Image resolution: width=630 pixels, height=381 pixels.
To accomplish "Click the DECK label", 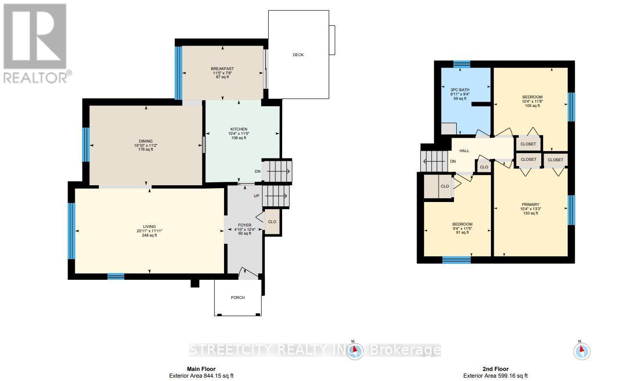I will (x=298, y=55).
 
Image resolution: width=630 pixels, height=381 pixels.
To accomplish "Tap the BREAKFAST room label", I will (x=222, y=69).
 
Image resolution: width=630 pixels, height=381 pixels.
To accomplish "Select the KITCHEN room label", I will (x=238, y=129).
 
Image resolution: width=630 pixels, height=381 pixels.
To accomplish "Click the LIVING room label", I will (x=150, y=226).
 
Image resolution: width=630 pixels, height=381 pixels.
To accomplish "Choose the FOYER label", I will (x=245, y=225).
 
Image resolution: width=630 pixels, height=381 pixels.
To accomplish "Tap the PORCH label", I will (x=238, y=298).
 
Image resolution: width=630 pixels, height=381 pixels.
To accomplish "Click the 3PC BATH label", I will (x=460, y=90).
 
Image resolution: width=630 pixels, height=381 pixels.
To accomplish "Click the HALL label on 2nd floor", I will (x=464, y=151).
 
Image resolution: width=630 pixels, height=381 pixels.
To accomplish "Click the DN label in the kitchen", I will (x=257, y=171).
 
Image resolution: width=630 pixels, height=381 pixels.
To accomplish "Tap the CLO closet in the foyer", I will (x=272, y=222).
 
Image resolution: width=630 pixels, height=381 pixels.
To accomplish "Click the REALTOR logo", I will (x=36, y=43).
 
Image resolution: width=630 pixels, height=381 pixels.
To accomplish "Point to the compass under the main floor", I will (x=355, y=351).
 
